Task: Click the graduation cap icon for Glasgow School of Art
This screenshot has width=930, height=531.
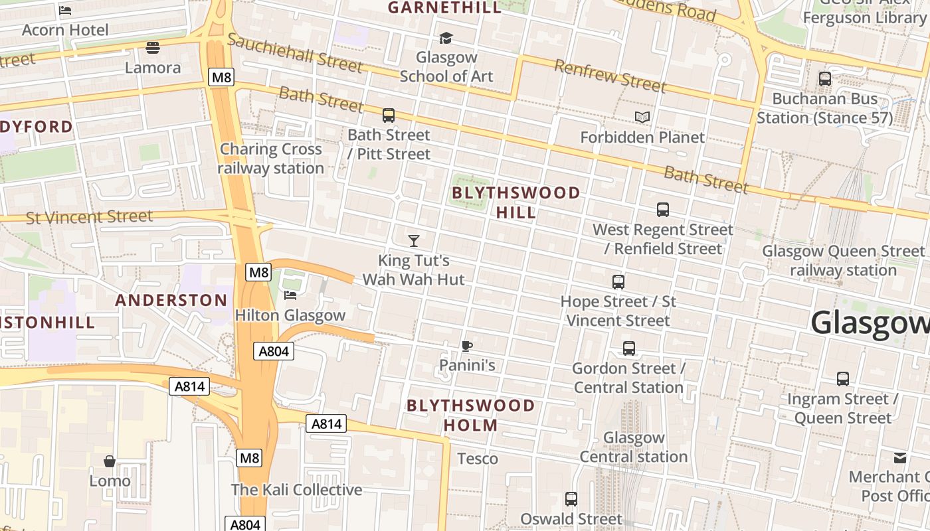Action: click(446, 38)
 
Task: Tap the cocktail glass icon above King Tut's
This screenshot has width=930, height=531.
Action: click(414, 240)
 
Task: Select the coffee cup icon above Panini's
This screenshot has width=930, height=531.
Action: click(467, 346)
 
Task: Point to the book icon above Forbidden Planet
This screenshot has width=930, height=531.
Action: click(642, 117)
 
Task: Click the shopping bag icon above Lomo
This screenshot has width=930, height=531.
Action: click(110, 461)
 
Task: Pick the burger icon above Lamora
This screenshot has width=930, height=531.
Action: click(153, 48)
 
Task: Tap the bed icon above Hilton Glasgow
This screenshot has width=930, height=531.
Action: click(290, 295)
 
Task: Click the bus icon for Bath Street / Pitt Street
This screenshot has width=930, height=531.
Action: click(389, 115)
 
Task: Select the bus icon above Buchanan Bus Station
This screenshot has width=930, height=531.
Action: click(825, 79)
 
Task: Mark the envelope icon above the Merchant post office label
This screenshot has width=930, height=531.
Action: click(900, 457)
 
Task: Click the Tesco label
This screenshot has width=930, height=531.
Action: click(478, 459)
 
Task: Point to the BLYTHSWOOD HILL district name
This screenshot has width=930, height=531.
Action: click(516, 202)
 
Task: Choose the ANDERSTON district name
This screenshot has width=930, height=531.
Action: click(171, 300)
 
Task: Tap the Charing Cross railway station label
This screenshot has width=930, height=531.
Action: click(271, 159)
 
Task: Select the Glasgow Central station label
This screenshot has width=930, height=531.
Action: click(633, 447)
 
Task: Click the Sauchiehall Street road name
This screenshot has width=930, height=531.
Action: click(295, 52)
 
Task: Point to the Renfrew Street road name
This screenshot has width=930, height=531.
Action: click(609, 75)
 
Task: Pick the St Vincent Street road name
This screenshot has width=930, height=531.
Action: click(89, 217)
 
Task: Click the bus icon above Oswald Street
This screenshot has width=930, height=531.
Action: click(571, 499)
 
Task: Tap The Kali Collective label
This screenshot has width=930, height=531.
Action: click(296, 490)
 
